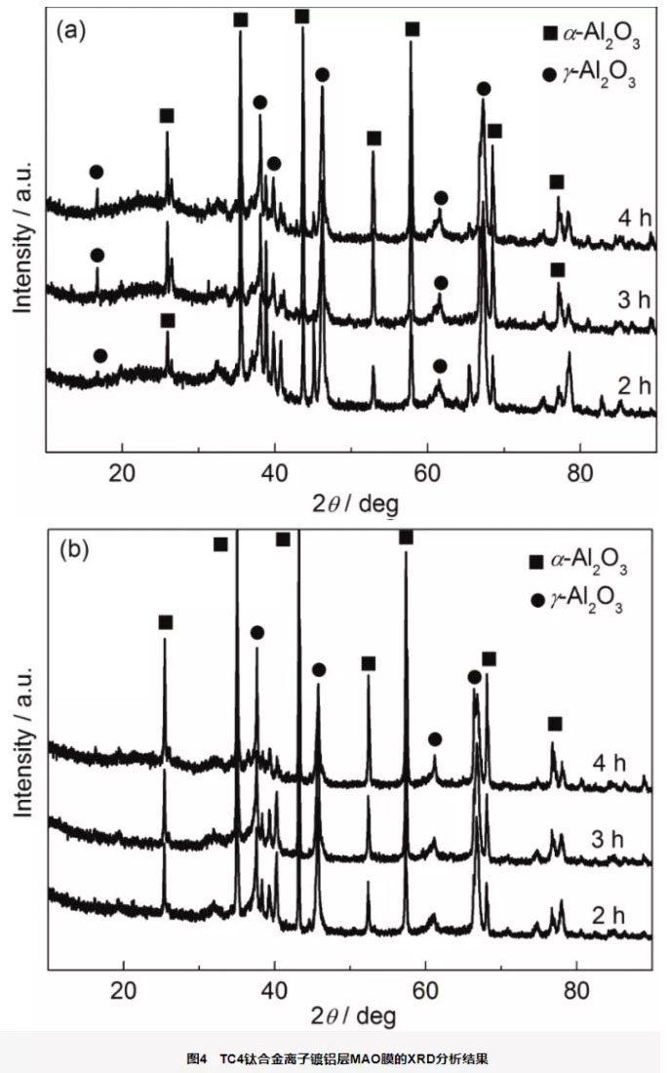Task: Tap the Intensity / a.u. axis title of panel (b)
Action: click(x=22, y=741)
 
